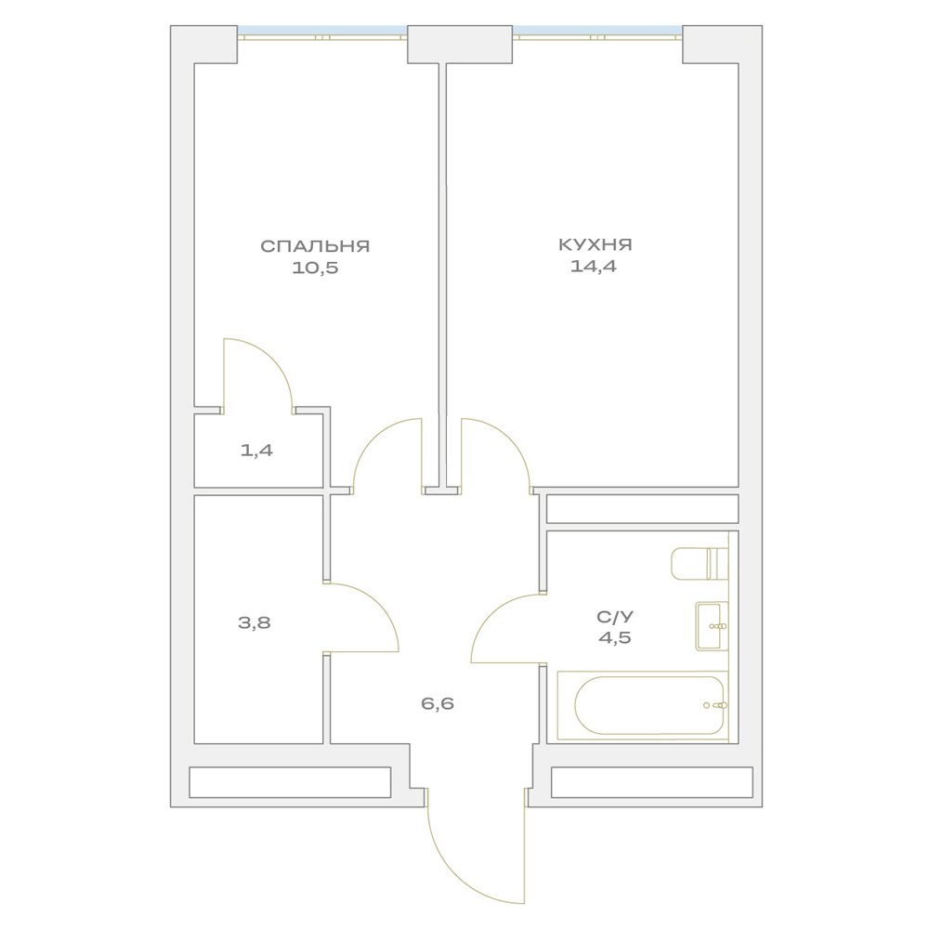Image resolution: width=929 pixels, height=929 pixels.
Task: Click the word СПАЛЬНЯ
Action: point(315,246)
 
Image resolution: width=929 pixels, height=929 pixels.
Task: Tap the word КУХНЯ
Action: point(595,244)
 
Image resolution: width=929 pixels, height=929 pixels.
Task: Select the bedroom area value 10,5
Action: point(315,268)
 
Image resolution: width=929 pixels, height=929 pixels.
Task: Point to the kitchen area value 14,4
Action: point(593,267)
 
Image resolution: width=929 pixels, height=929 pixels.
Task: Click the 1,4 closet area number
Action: point(256,451)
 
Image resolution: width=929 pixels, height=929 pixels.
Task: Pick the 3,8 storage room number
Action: point(255,622)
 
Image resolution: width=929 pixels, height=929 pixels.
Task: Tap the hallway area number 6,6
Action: point(438,704)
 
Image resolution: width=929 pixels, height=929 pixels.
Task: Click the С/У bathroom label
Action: point(614,617)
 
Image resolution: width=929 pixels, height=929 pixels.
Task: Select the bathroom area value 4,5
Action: point(614,638)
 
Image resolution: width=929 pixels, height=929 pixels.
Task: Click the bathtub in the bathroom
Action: point(643,705)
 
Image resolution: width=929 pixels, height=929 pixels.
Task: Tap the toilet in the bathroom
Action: point(700,564)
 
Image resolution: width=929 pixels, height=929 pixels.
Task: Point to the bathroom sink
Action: point(712,626)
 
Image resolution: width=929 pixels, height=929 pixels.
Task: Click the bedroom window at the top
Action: point(321,33)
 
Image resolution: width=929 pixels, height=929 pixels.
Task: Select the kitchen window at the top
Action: point(597,33)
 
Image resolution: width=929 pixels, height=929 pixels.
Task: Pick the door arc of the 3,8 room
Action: point(377,605)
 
